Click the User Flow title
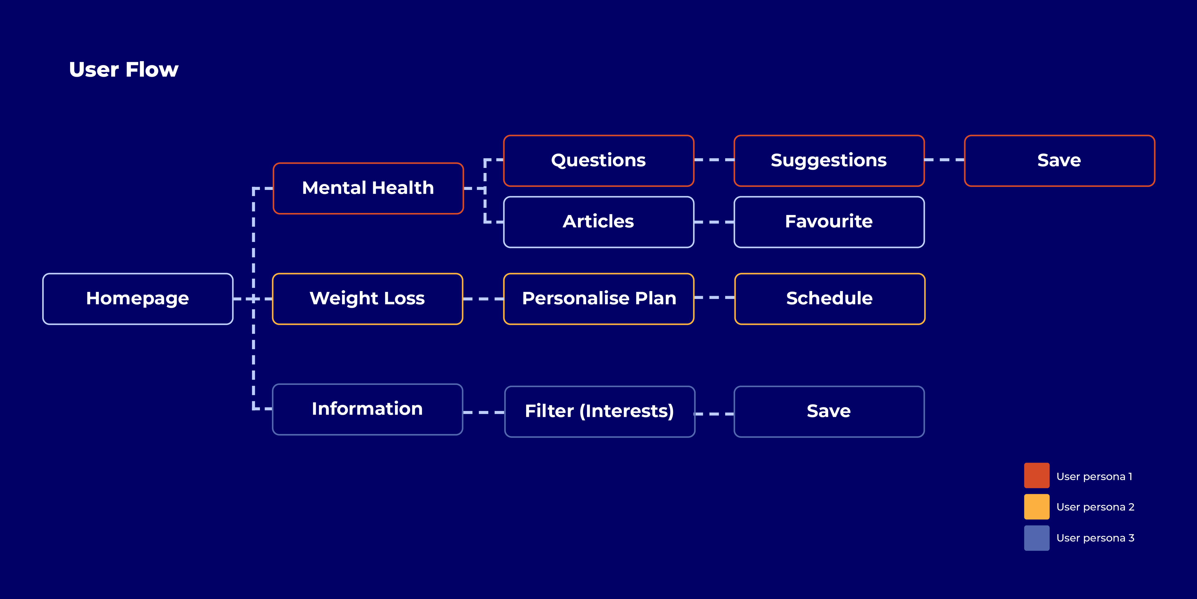pos(124,70)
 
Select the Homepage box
pos(137,299)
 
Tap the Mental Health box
pos(368,188)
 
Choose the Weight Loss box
pos(368,299)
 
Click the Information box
pos(368,409)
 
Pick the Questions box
pos(598,160)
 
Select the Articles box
pos(598,222)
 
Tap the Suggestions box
pos(829,160)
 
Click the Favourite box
pos(829,222)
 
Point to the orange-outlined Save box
pos(1060,160)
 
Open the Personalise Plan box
pos(598,299)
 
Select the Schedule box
pos(829,299)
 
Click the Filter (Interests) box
pos(599,412)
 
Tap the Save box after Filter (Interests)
pos(829,412)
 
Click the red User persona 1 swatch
pos(1037,475)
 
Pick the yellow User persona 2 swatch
pos(1037,506)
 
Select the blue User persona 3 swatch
pos(1037,538)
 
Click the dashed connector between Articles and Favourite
pos(714,222)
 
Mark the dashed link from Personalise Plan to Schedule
pos(714,298)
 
